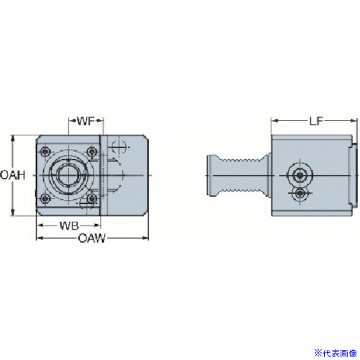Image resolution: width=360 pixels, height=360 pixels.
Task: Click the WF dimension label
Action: click(x=86, y=121)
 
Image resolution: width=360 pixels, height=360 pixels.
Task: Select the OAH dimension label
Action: click(x=12, y=175)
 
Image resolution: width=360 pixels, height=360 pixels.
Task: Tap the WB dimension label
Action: click(x=69, y=226)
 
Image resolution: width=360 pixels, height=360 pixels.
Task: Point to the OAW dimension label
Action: click(x=91, y=238)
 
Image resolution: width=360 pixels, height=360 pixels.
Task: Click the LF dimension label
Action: click(x=316, y=121)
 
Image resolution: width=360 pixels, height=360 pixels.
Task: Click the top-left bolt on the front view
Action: click(x=45, y=151)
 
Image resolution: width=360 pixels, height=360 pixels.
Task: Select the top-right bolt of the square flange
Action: click(x=91, y=151)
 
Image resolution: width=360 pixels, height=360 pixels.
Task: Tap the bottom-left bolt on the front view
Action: click(x=45, y=199)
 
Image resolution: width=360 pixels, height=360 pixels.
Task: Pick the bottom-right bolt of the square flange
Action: click(x=91, y=199)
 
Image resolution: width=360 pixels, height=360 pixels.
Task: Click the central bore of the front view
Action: click(x=68, y=175)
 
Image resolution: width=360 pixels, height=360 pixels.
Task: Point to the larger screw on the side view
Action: click(x=300, y=176)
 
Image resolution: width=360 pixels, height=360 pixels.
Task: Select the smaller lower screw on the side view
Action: click(x=300, y=193)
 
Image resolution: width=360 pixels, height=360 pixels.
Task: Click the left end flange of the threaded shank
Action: click(x=212, y=176)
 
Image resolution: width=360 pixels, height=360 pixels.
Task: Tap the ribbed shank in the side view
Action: click(x=243, y=176)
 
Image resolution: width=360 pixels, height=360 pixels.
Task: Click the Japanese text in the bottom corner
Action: click(x=336, y=353)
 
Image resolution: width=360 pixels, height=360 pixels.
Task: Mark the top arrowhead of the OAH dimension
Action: click(x=13, y=139)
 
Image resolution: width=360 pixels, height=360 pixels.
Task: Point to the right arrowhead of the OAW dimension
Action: click(x=145, y=238)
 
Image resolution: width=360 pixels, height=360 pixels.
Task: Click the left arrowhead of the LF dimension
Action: click(x=275, y=121)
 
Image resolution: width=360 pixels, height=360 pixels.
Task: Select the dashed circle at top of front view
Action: click(x=119, y=147)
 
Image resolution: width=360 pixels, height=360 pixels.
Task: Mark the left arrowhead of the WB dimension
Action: click(x=40, y=225)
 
